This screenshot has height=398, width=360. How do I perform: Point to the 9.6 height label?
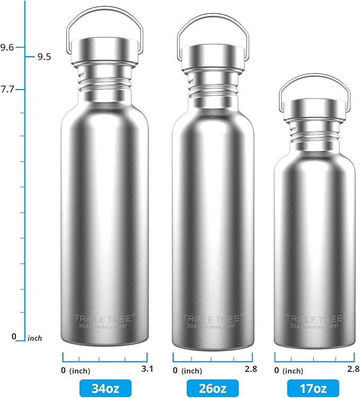click(x=7, y=48)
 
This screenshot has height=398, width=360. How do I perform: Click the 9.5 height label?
click(x=44, y=57)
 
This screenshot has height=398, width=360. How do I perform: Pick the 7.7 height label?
click(x=7, y=90)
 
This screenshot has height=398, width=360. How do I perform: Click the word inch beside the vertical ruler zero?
click(x=34, y=338)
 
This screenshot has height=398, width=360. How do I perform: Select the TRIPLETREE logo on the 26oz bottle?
click(x=212, y=317)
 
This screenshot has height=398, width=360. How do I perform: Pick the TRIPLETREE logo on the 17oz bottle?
click(x=314, y=318)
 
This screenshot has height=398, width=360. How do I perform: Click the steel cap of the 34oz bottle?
click(x=104, y=51)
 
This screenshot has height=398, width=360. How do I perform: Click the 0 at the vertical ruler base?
click(x=14, y=337)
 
